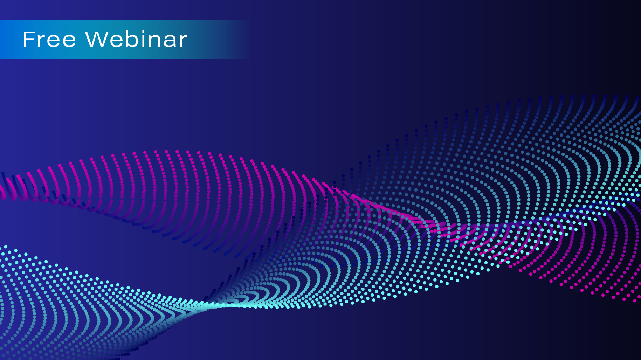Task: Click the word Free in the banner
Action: click(49, 39)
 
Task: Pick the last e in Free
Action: click(69, 41)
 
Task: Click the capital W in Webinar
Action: click(97, 39)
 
